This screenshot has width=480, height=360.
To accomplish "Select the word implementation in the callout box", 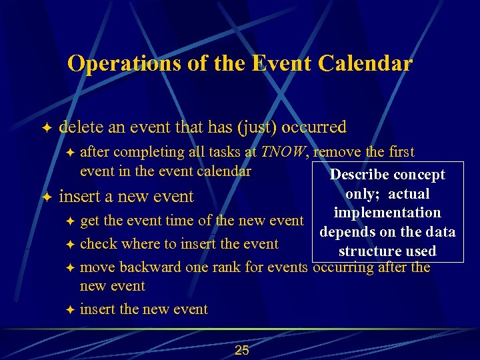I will tap(387, 213).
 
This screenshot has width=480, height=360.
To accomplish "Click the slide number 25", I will tap(242, 350).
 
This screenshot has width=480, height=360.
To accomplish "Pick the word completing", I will tap(143, 153).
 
